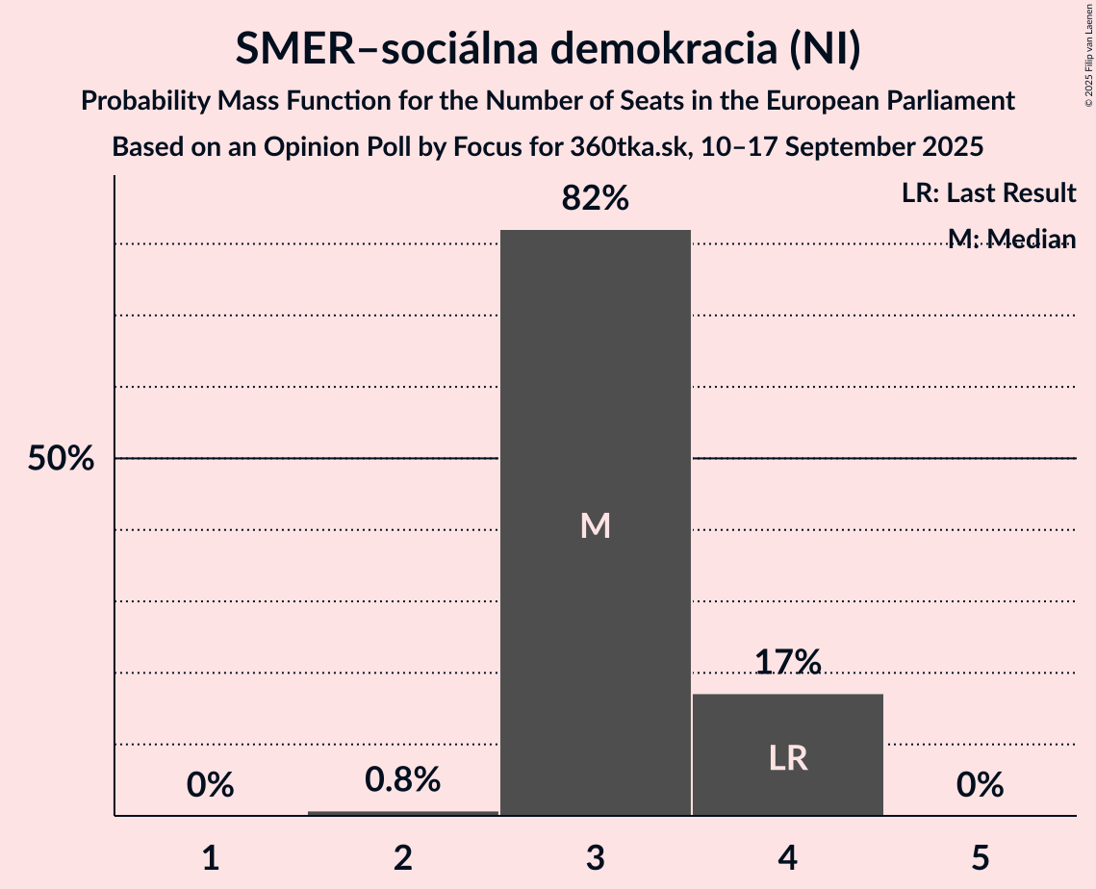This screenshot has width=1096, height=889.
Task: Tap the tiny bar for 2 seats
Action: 403,813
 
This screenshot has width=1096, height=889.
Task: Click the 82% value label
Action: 596,199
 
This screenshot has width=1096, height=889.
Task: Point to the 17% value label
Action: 788,662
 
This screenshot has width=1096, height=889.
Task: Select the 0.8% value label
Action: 403,779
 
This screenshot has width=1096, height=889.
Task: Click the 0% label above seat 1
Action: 211,785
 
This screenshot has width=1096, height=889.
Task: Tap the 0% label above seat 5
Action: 981,785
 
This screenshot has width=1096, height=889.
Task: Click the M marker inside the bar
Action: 596,525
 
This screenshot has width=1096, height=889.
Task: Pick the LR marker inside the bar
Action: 788,759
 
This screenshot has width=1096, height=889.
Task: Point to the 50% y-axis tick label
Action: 61,459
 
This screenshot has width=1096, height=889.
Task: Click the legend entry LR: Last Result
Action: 988,193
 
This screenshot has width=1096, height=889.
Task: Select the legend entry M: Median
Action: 1011,239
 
